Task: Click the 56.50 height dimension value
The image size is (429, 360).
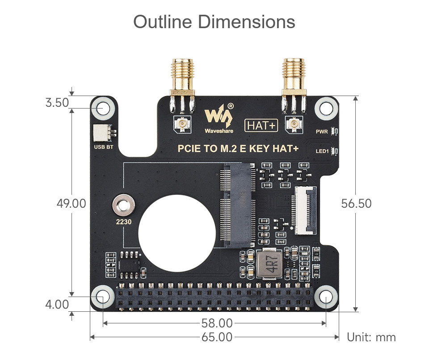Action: click(356, 204)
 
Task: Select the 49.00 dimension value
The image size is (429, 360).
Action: click(71, 204)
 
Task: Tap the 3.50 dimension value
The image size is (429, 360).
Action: click(57, 103)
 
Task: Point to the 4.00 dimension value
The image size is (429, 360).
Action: click(57, 305)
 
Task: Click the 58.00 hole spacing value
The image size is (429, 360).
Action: click(217, 323)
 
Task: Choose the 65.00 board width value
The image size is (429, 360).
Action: click(217, 337)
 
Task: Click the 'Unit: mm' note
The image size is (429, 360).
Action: click(371, 337)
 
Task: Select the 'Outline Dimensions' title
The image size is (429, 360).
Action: click(214, 22)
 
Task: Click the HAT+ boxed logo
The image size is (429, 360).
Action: click(261, 126)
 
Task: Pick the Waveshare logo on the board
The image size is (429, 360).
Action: click(219, 119)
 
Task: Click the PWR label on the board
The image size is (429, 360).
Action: click(322, 132)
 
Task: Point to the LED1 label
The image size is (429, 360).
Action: click(322, 151)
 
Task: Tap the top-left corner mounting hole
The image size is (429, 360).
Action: click(103, 108)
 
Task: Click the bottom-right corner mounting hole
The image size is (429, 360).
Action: click(326, 297)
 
